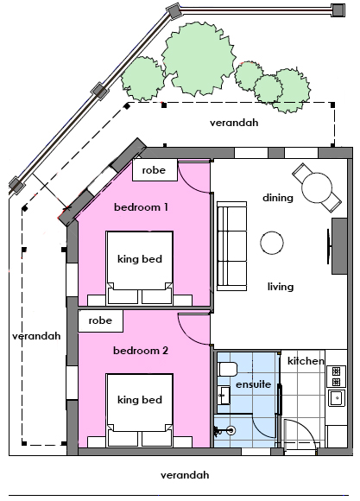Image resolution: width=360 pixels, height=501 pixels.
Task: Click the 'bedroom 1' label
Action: tap(141, 207)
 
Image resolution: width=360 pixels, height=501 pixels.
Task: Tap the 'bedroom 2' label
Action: tap(141, 351)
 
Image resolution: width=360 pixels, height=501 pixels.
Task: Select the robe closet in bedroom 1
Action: tap(155, 170)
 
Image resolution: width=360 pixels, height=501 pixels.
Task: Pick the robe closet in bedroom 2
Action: tap(101, 320)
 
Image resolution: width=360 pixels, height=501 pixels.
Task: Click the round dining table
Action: tap(317, 188)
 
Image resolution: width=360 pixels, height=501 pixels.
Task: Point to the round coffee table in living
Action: tap(272, 243)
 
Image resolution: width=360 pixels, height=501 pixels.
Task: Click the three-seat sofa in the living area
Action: tap(232, 246)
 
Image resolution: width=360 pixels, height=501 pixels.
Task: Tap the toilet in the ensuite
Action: tap(227, 370)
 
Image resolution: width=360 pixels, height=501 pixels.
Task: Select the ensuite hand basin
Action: tap(224, 396)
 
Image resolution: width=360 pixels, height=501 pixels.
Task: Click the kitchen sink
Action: tap(337, 398)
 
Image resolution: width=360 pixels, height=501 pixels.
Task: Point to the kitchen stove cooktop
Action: tap(337, 377)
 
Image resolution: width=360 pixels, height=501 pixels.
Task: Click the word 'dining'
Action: tap(278, 198)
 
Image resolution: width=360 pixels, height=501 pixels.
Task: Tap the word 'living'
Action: tap(281, 287)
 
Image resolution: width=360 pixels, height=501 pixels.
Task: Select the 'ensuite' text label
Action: tap(253, 384)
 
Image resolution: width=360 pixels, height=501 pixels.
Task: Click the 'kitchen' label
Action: tap(306, 361)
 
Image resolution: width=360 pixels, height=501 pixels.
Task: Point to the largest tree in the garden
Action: tap(199, 59)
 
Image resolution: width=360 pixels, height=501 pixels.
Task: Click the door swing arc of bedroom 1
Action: tap(187, 184)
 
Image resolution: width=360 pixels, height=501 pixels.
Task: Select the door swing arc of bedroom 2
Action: tap(187, 335)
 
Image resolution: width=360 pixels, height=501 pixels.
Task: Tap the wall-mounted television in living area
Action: tap(328, 246)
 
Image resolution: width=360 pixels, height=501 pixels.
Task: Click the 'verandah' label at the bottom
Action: tap(185, 475)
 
